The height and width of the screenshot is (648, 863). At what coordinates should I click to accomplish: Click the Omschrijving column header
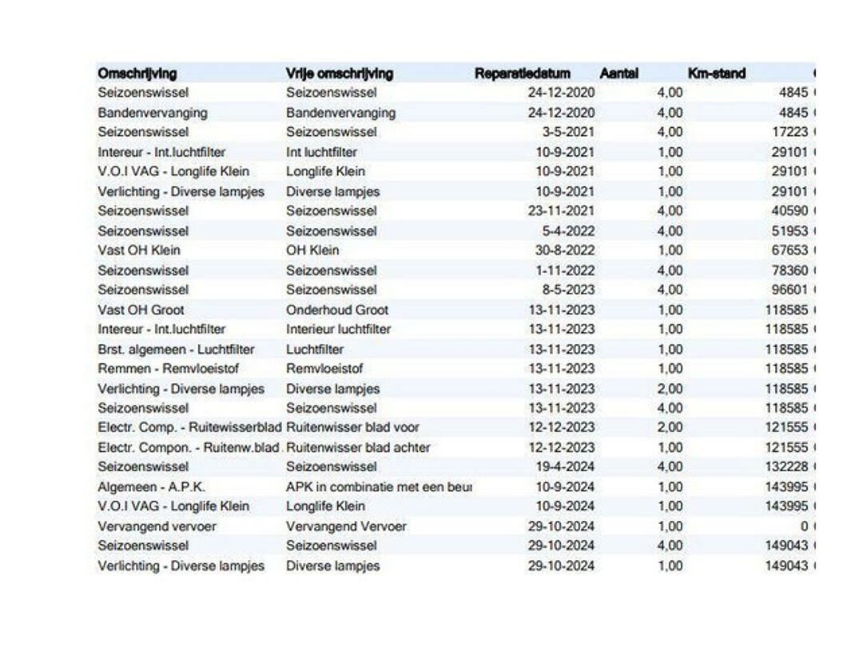point(137,74)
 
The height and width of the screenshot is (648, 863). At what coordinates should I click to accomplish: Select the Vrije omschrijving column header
point(340,74)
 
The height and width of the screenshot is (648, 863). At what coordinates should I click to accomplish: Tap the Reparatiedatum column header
point(523,74)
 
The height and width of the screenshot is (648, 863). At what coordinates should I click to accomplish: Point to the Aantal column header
point(619,74)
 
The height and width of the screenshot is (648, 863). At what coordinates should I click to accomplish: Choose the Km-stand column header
point(717,74)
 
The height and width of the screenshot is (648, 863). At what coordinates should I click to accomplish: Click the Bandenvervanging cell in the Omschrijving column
point(153,113)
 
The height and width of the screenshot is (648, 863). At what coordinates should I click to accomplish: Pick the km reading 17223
point(789,132)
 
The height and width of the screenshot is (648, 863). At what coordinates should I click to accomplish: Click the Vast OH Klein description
point(139,250)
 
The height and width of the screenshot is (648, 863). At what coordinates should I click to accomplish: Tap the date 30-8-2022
point(565,250)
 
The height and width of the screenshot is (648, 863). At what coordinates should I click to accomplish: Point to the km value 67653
point(789,250)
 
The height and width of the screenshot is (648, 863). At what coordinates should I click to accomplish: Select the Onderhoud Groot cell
point(337,310)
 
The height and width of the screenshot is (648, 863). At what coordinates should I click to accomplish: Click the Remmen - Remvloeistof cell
point(169,369)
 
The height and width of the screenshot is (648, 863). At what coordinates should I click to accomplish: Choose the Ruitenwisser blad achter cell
point(358,447)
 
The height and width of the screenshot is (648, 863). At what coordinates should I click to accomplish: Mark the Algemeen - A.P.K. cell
point(151,487)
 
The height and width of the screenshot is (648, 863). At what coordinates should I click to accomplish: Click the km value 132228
point(786,466)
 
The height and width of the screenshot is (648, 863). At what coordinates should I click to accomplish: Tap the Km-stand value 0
point(804,526)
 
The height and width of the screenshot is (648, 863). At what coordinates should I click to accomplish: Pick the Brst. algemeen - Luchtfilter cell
point(176,350)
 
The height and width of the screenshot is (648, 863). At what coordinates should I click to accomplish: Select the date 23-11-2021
point(562,211)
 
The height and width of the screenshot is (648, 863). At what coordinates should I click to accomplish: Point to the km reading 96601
point(789,290)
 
